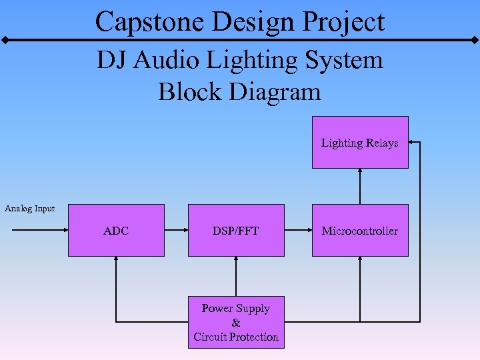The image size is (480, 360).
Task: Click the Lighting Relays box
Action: pyautogui.click(x=360, y=142)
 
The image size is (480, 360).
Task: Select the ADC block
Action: pyautogui.click(x=116, y=230)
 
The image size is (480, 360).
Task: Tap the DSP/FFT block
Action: pyautogui.click(x=236, y=230)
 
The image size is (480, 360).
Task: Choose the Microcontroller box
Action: pyautogui.click(x=360, y=230)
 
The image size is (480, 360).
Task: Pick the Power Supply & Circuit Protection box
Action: pyautogui.click(x=236, y=323)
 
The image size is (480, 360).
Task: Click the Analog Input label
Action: pyautogui.click(x=29, y=209)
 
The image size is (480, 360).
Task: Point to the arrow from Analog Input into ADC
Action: pyautogui.click(x=40, y=231)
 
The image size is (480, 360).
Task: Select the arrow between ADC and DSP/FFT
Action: pyautogui.click(x=176, y=231)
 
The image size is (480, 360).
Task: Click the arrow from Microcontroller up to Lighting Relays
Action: pyautogui.click(x=360, y=186)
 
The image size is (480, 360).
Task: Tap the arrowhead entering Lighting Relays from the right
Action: pyautogui.click(x=413, y=142)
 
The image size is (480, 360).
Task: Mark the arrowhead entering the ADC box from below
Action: pyautogui.click(x=116, y=261)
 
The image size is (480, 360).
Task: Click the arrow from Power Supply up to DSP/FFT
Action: pyautogui.click(x=236, y=276)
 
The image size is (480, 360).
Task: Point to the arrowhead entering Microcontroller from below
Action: pyautogui.click(x=360, y=261)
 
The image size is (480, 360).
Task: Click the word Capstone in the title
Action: pyautogui.click(x=150, y=21)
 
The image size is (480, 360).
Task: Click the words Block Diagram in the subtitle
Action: pyautogui.click(x=239, y=91)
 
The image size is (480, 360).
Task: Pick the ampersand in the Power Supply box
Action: pyautogui.click(x=236, y=323)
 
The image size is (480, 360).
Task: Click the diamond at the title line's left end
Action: pyautogui.click(x=5, y=40)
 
